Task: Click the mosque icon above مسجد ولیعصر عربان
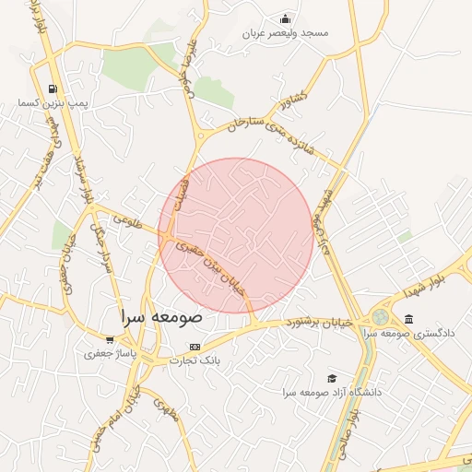click(286, 18)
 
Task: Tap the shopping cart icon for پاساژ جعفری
click(111, 339)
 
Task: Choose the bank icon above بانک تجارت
click(194, 347)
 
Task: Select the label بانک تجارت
click(194, 360)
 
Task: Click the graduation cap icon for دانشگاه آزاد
click(332, 378)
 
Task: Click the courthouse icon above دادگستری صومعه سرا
click(408, 319)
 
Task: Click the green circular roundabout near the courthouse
click(380, 317)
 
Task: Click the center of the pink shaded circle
click(236, 235)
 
